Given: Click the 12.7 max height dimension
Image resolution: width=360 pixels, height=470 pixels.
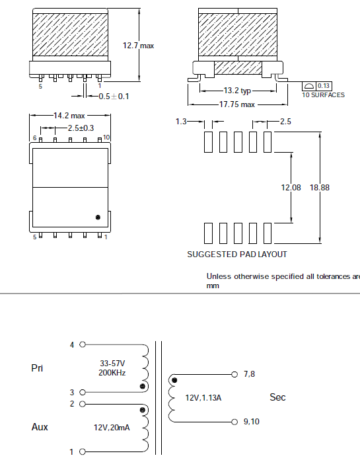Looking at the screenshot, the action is pos(138,46).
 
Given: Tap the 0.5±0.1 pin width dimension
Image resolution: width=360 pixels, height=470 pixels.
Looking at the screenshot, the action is pos(114,97).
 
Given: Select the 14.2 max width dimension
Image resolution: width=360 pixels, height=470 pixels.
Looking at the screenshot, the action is pos(69,116).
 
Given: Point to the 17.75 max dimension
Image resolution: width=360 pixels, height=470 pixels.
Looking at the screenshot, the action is pos(237,104).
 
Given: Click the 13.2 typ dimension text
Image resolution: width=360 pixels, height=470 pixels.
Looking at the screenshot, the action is pos(237,90).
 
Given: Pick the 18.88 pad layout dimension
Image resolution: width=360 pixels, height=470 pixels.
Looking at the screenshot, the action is pos(320,188).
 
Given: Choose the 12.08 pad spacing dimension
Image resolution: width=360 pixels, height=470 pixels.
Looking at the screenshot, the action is pos(291,188).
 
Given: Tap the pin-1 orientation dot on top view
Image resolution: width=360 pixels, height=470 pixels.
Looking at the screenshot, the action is pos(98,217).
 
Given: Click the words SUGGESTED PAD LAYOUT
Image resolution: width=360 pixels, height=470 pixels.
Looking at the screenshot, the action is pos(237,255).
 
